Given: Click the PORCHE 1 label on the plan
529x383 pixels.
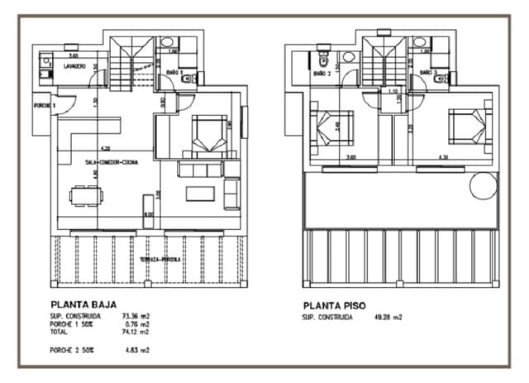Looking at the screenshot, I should pos(44,106).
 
